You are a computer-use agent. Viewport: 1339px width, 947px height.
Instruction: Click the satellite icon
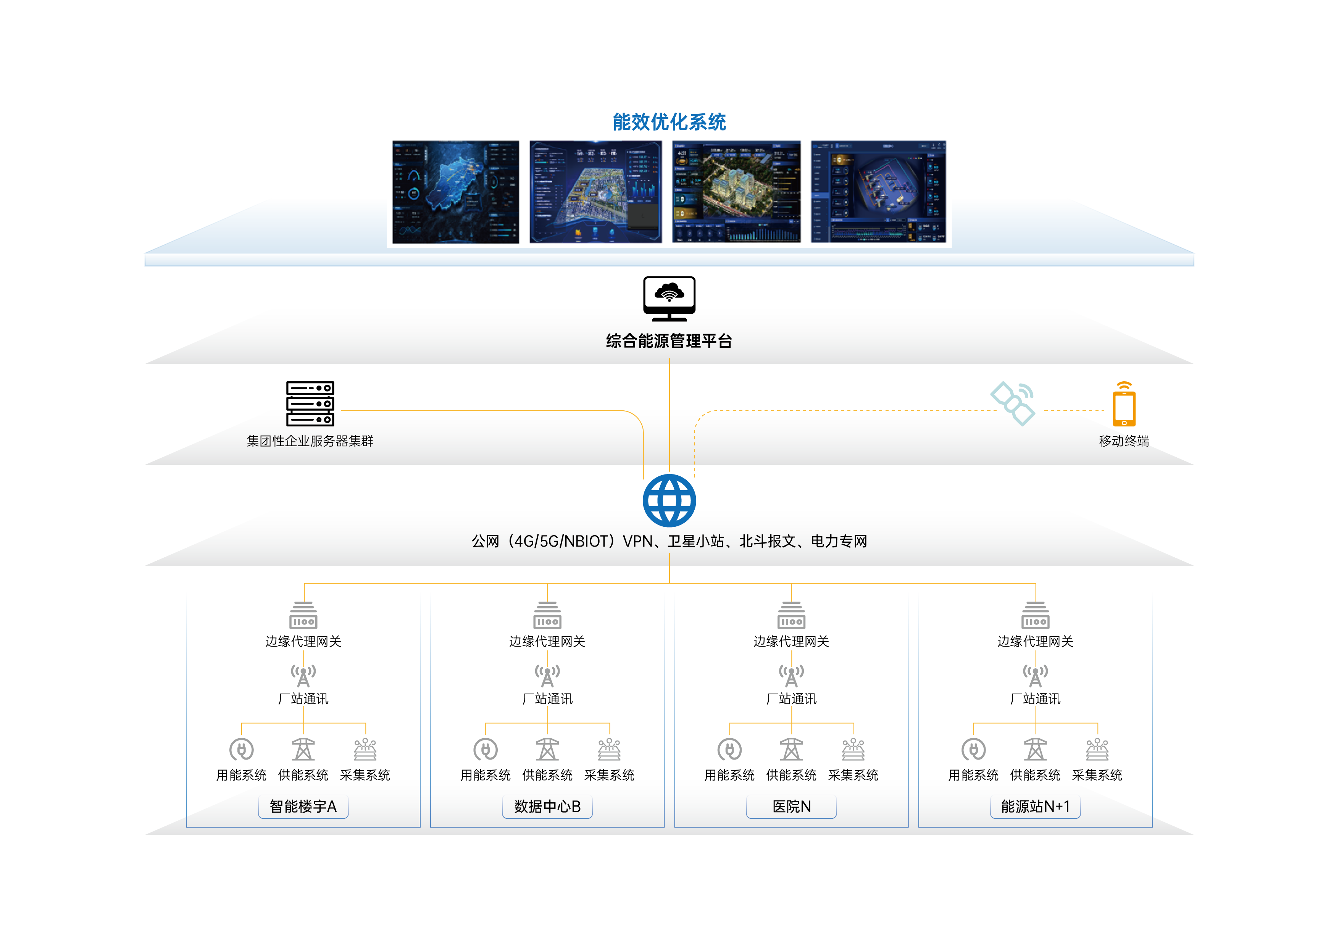pos(1013,403)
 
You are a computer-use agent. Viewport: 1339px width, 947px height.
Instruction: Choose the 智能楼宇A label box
pos(303,807)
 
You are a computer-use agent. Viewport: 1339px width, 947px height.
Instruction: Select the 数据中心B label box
pos(547,807)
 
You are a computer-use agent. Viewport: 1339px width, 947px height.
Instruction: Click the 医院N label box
pos(791,807)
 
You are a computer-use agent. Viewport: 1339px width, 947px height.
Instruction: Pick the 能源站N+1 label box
pos(1035,807)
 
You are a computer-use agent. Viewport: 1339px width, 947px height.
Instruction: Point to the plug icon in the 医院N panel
pos(729,749)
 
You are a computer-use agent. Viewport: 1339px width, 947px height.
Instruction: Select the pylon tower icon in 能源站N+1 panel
pos(1035,749)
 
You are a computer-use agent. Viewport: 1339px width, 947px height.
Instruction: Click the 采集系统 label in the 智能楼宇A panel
pos(365,775)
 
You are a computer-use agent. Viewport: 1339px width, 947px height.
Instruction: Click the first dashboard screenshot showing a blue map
pos(455,192)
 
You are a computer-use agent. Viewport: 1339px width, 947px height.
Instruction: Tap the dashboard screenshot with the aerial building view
pos(737,192)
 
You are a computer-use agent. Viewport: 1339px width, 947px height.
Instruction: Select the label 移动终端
pos(1124,441)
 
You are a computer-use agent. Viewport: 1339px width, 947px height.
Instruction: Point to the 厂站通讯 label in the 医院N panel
pos(791,699)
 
